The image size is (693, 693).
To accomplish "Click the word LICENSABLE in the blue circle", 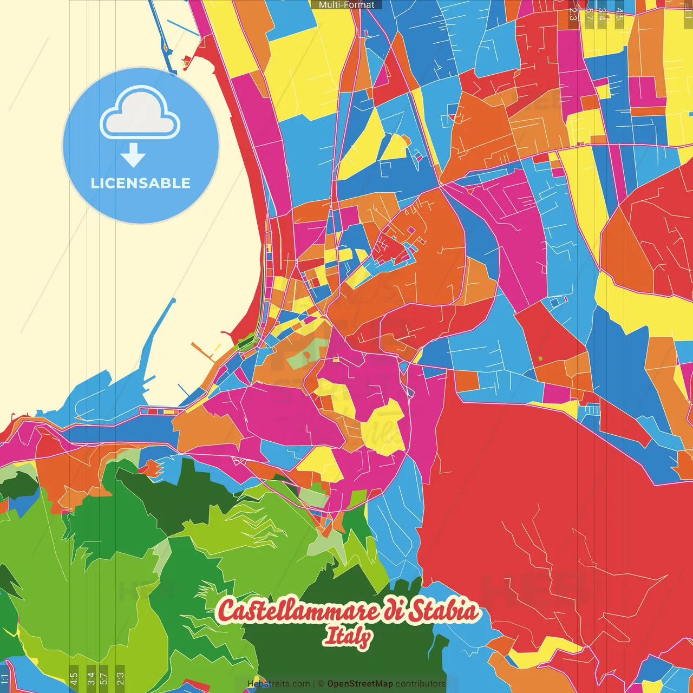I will [x=141, y=183].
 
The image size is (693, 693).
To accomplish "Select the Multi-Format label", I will [x=346, y=5].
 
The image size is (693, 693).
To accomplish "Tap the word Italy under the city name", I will [x=348, y=636].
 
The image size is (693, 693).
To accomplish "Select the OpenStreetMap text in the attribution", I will [x=360, y=684].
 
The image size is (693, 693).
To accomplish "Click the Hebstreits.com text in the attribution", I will [x=278, y=684].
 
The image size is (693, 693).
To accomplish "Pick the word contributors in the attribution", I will [x=421, y=684].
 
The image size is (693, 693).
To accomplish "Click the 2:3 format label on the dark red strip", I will [x=573, y=14].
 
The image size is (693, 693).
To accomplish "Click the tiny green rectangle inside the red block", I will [x=540, y=358].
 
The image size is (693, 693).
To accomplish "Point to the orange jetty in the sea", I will [x=203, y=351].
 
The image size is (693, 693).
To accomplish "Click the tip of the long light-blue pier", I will [x=174, y=299].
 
